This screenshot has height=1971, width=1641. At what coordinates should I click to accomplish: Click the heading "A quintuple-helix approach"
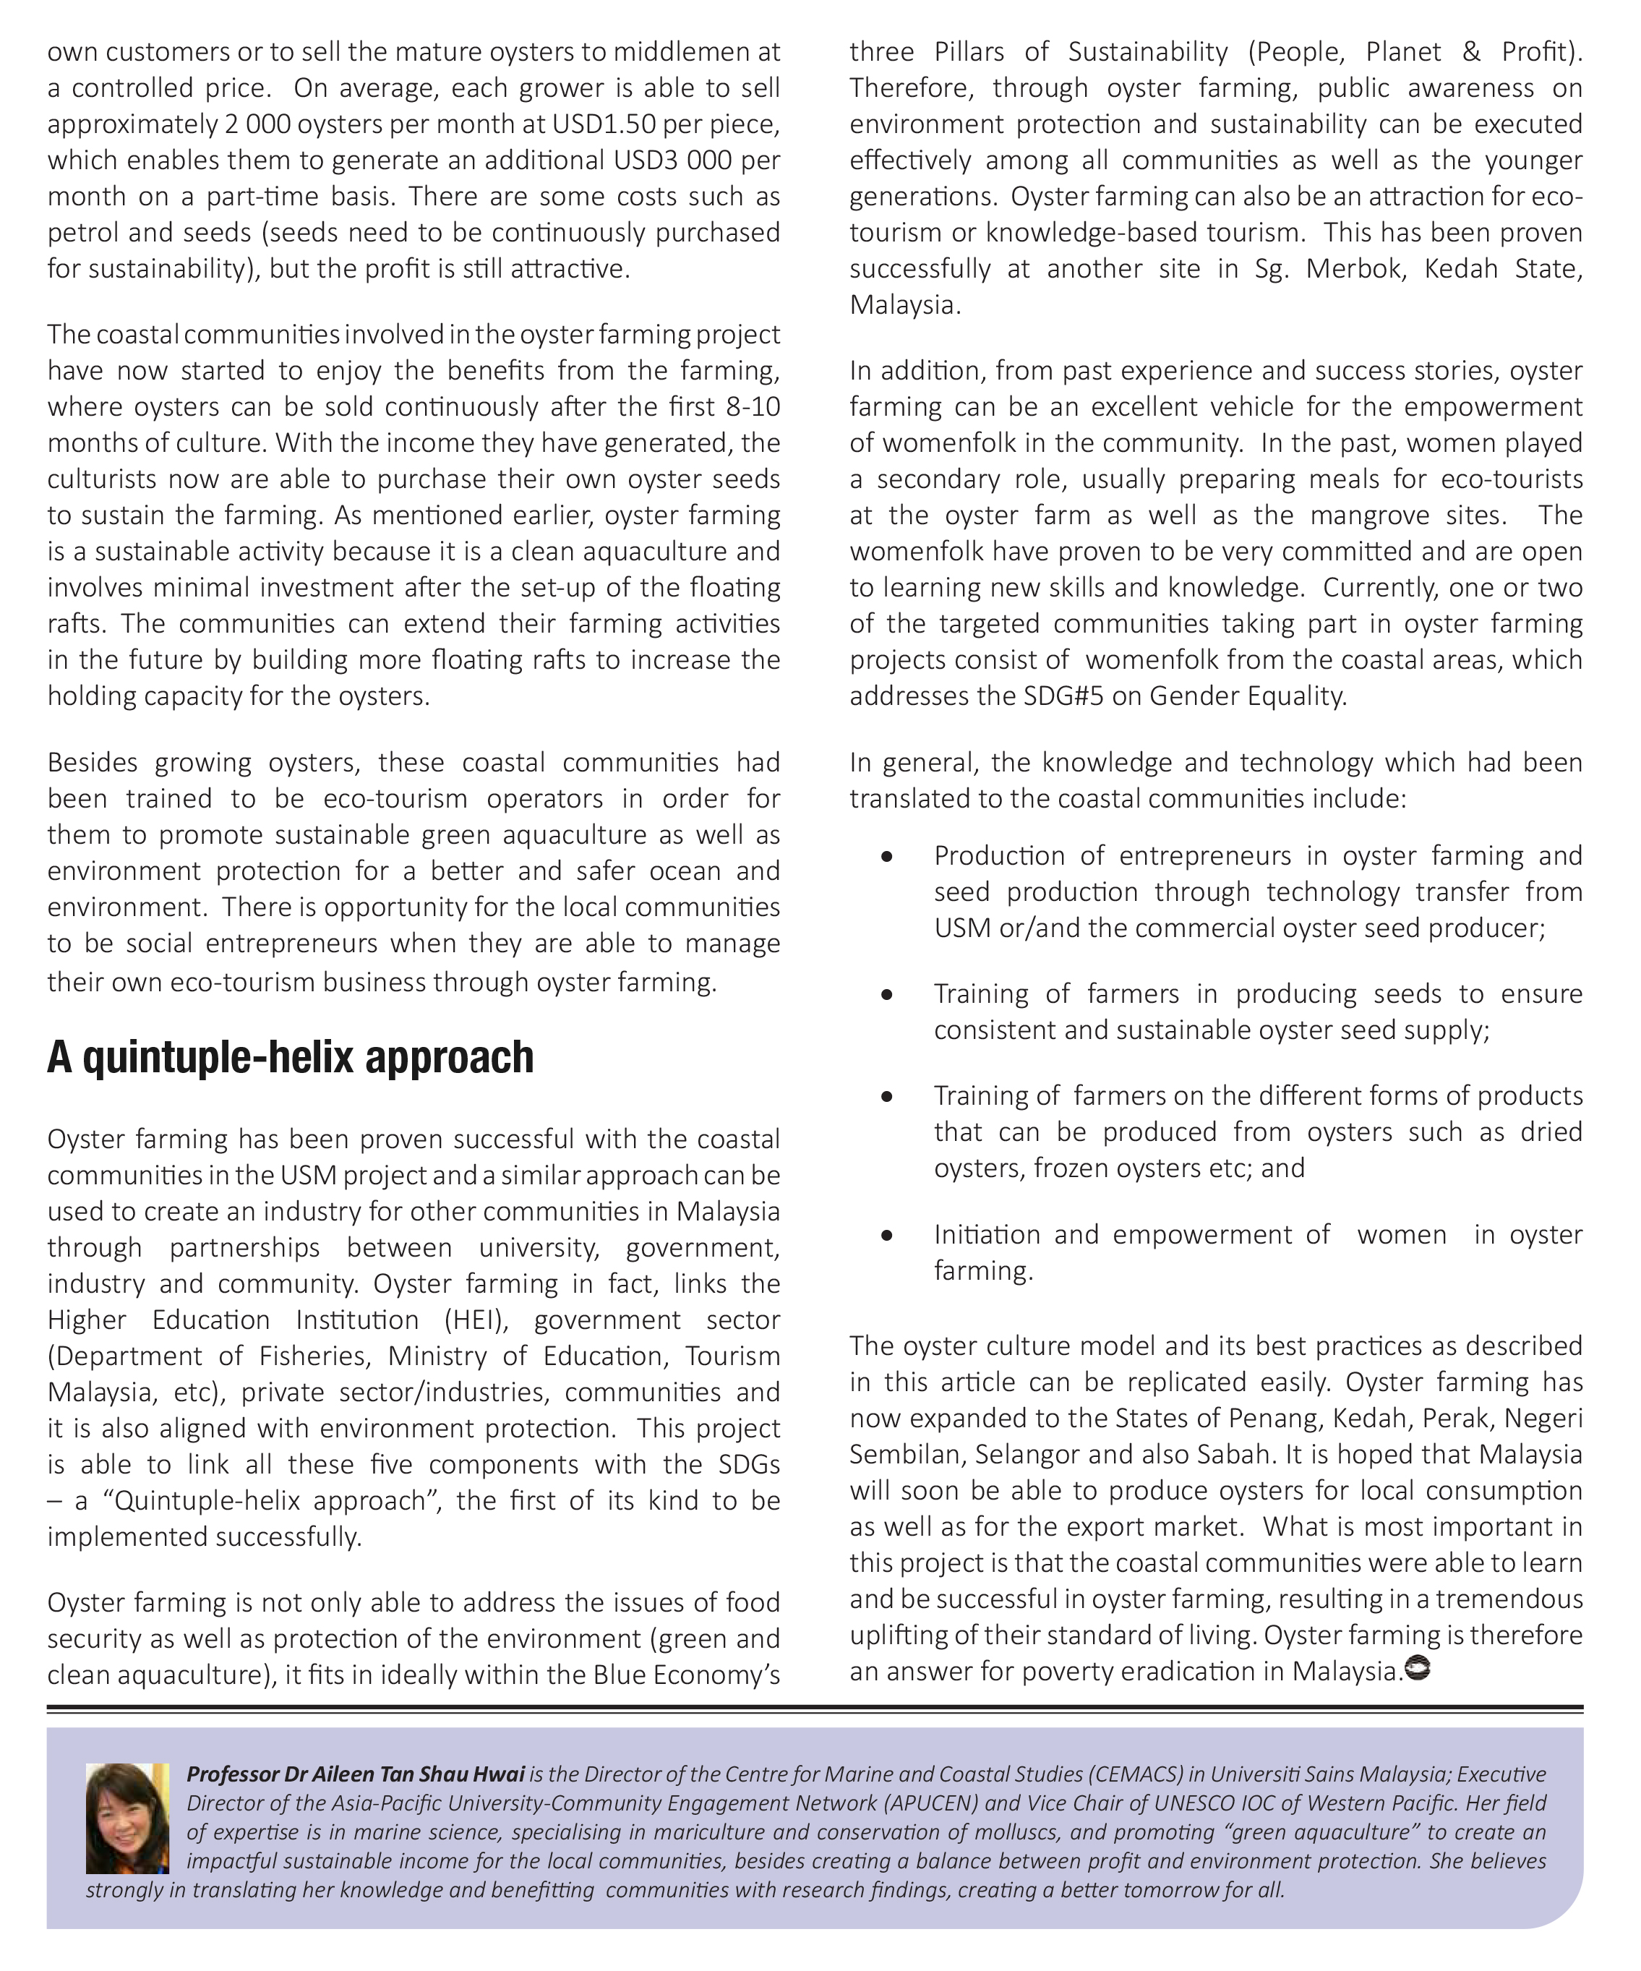click(x=290, y=1058)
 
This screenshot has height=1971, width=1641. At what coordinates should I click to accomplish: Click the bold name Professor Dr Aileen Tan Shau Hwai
click(x=356, y=1775)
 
